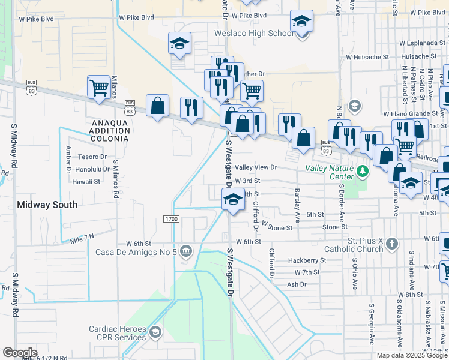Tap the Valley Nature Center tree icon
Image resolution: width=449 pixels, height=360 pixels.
[362, 172]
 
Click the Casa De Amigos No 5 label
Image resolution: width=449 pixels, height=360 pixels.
[136, 251]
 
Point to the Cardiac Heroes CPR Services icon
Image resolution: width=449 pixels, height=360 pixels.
[155, 332]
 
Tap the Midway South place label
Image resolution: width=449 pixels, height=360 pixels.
[47, 205]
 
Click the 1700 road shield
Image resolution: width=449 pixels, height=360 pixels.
[171, 219]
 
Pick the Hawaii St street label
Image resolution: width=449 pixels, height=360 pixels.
[85, 181]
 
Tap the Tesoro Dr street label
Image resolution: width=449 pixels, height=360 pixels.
[92, 157]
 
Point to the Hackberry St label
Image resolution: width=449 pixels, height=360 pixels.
[307, 260]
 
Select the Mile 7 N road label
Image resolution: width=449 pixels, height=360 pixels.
[82, 238]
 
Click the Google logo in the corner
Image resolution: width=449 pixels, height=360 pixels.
[20, 353]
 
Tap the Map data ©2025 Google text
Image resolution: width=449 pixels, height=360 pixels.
[412, 355]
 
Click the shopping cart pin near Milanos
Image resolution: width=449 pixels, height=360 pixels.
[98, 87]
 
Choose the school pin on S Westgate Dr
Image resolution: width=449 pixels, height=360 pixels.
[232, 200]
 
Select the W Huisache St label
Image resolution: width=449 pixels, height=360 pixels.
[367, 56]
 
